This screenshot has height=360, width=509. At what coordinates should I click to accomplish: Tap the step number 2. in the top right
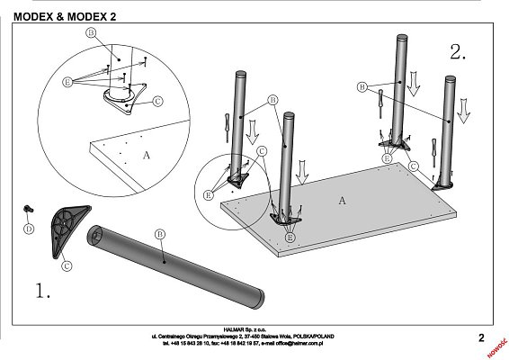pos(458,52)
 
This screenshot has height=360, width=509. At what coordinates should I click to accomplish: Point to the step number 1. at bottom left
pos(43,291)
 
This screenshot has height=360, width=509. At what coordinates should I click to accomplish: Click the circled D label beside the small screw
pos(28,229)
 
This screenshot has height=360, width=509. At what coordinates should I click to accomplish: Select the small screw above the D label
pos(29,210)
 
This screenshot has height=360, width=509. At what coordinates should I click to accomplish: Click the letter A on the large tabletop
pos(342,201)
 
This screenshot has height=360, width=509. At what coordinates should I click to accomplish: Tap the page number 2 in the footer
pos(481,338)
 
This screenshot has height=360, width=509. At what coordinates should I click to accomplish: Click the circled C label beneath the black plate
pos(65,265)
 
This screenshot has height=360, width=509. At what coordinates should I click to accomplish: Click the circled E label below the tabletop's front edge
pos(290,236)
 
